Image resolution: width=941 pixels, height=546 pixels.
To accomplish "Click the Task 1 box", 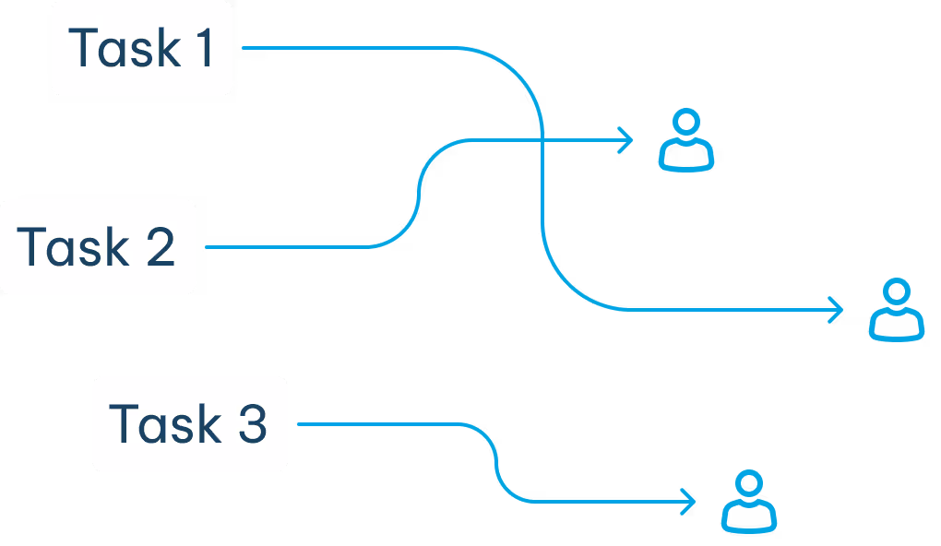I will pyautogui.click(x=142, y=48).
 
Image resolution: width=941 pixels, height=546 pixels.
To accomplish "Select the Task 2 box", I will pyautogui.click(x=97, y=247).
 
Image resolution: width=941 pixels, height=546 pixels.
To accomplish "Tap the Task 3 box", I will pyautogui.click(x=189, y=424).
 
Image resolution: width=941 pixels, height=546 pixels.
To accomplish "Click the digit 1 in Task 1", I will pyautogui.click(x=203, y=48).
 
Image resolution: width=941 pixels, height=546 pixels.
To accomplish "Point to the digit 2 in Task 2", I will pyautogui.click(x=160, y=247).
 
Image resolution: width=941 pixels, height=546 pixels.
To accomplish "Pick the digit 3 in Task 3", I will pyautogui.click(x=251, y=424).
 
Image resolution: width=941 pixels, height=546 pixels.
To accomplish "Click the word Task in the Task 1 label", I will pyautogui.click(x=113, y=48).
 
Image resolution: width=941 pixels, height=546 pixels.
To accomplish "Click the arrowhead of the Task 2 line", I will pyautogui.click(x=628, y=141).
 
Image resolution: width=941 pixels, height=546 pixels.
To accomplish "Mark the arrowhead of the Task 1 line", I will pyautogui.click(x=838, y=310).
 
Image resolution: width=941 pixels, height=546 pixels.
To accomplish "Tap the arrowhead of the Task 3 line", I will pyautogui.click(x=690, y=502).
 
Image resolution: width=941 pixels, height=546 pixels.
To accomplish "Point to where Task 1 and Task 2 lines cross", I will pyautogui.click(x=541, y=141).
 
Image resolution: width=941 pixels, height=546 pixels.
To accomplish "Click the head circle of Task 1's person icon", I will pyautogui.click(x=896, y=292).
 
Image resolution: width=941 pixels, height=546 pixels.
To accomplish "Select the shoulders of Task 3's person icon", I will pyautogui.click(x=748, y=517).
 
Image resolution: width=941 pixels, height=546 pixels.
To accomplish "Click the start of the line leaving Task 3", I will pyautogui.click(x=301, y=424).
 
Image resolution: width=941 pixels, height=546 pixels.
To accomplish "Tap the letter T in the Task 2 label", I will pyautogui.click(x=30, y=247).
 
